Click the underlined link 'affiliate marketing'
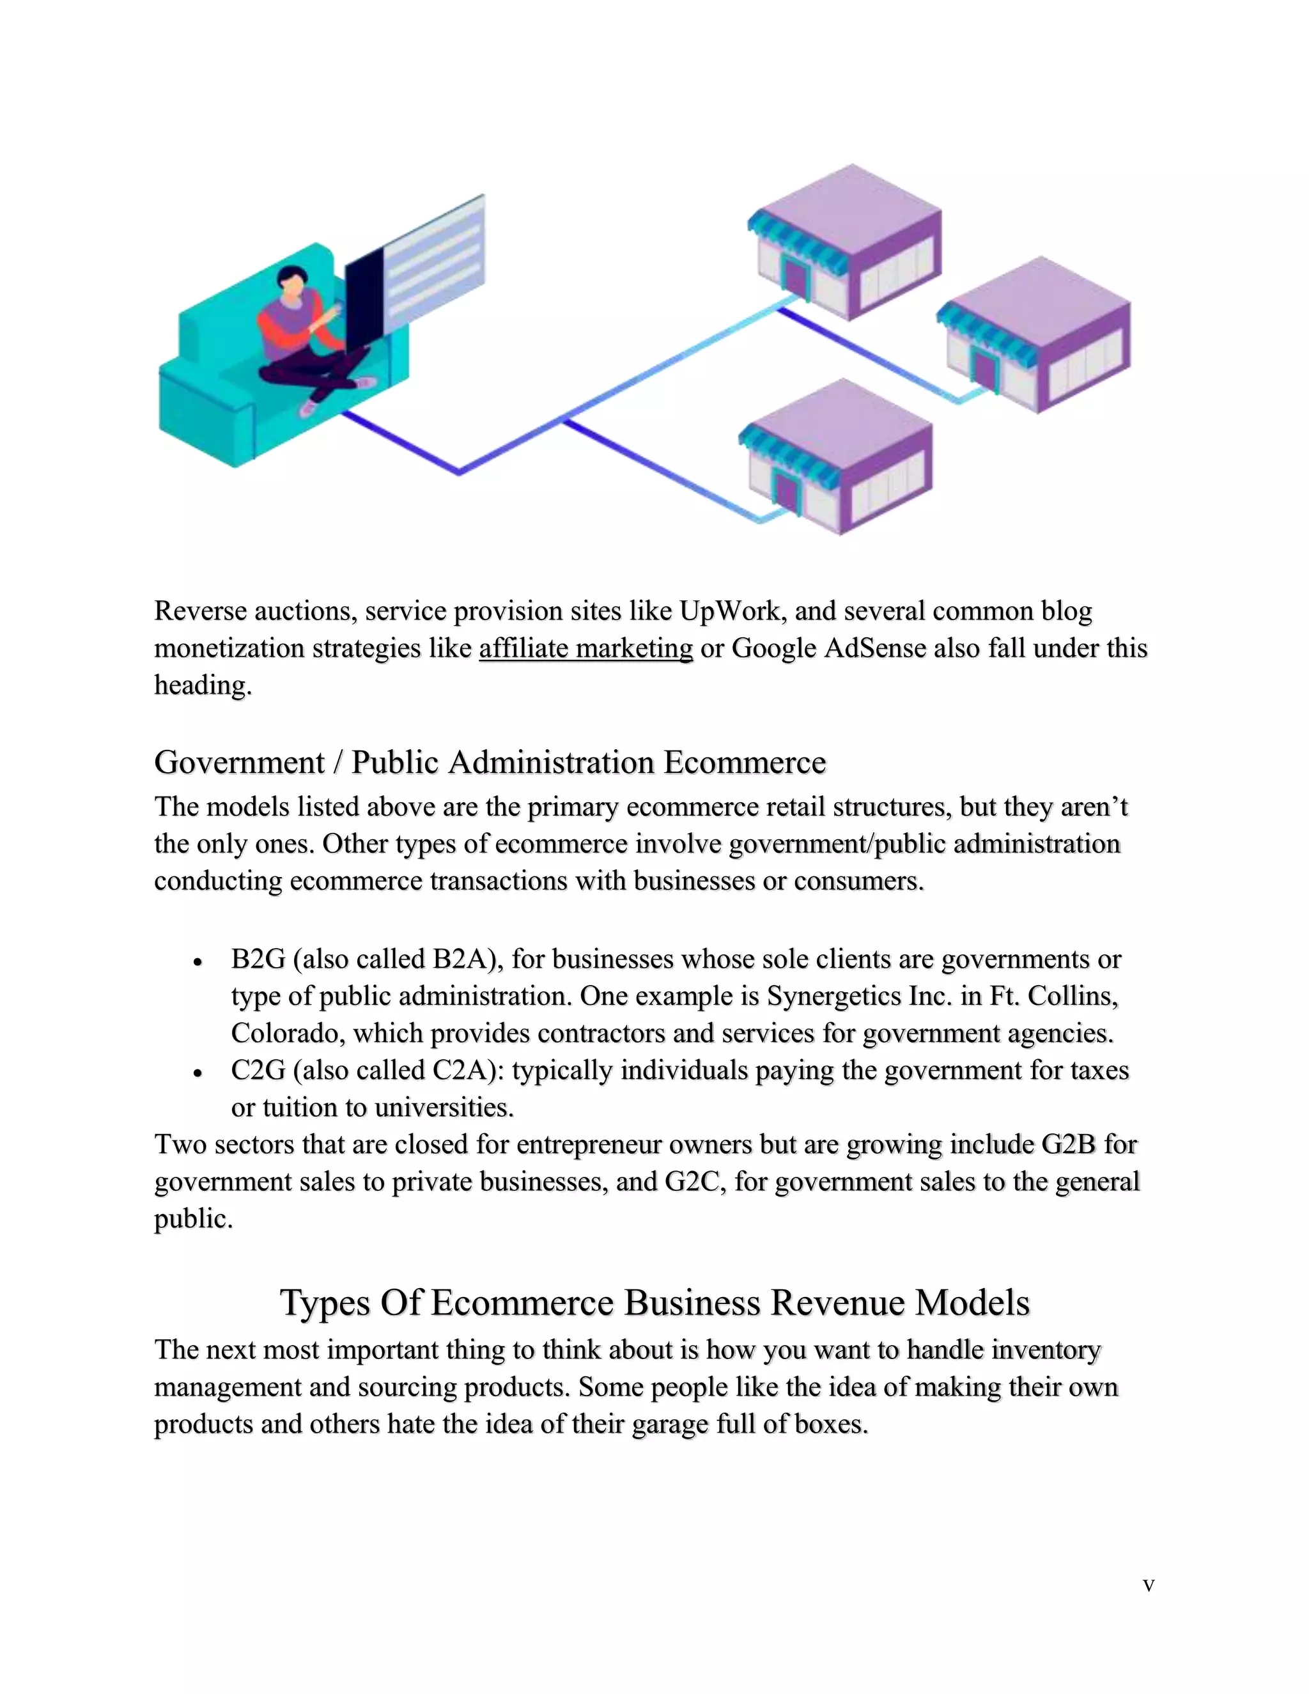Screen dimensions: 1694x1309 pyautogui.click(x=585, y=648)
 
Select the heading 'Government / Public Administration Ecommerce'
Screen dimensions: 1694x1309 pyautogui.click(x=490, y=763)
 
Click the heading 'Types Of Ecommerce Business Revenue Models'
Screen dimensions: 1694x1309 pyautogui.click(x=654, y=1302)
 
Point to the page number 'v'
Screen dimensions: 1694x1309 pyautogui.click(x=1149, y=1585)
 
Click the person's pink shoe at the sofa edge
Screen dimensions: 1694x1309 pyautogui.click(x=309, y=407)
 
